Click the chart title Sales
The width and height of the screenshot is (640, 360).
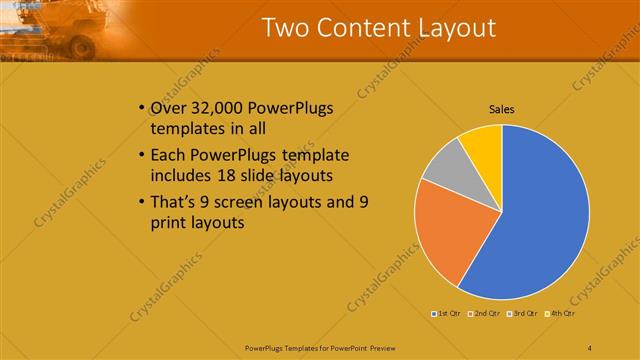pos(501,109)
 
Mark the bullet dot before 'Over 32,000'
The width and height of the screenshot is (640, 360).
pos(139,109)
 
